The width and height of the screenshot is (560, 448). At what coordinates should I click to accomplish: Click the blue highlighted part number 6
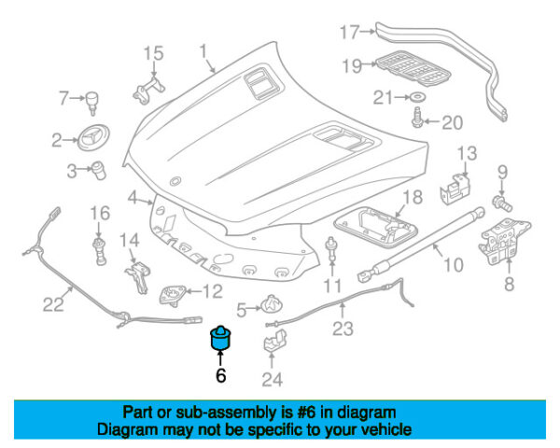tap(221, 340)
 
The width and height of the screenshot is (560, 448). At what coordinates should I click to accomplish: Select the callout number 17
tap(348, 33)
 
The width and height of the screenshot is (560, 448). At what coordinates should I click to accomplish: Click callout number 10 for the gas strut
tap(452, 264)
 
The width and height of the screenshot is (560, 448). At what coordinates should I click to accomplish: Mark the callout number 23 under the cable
tap(343, 328)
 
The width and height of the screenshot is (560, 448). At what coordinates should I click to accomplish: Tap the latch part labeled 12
tap(174, 293)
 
